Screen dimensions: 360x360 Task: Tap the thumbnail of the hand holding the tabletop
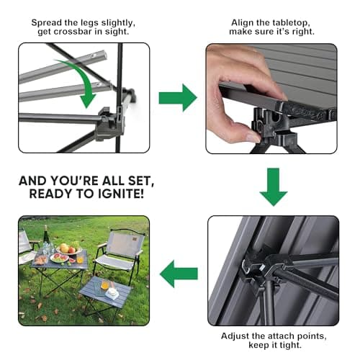coord(271,98)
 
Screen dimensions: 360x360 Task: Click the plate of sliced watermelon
coord(60,258)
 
